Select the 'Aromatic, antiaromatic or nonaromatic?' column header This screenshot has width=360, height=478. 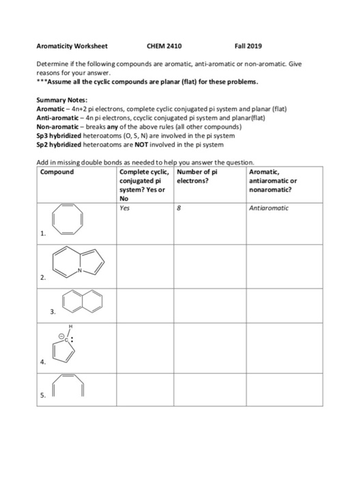[x=273, y=181]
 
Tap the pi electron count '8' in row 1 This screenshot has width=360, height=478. [x=179, y=208]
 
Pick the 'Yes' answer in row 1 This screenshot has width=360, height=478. [x=124, y=208]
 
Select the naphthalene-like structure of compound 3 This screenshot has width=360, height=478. [x=81, y=300]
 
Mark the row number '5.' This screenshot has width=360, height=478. [x=43, y=394]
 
